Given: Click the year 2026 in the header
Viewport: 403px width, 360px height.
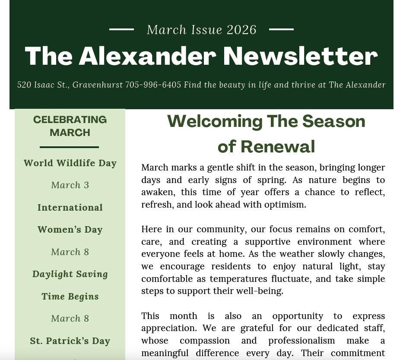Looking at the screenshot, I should [x=241, y=30].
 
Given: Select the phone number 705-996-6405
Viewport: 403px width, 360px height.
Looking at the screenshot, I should [x=153, y=85].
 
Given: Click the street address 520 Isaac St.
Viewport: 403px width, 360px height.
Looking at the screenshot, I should [x=43, y=85].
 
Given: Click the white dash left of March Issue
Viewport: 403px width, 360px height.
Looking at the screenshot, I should [x=121, y=29].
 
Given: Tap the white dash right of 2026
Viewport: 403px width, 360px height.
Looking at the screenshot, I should [x=281, y=29].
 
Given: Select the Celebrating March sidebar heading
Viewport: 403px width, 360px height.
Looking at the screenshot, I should [x=70, y=126].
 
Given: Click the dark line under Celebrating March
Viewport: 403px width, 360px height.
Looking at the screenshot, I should [x=69, y=147].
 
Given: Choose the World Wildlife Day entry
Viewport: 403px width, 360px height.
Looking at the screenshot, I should [x=70, y=163].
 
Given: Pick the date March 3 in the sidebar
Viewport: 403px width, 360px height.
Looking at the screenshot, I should [x=70, y=185].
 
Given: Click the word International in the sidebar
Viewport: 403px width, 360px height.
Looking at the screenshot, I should [x=70, y=208].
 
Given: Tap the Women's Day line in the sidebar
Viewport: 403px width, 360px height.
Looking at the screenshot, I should [x=70, y=230].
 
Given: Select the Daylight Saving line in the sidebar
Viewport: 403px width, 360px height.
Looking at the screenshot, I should [x=70, y=274].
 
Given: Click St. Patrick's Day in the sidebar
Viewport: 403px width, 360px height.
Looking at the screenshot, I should [x=70, y=341].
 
